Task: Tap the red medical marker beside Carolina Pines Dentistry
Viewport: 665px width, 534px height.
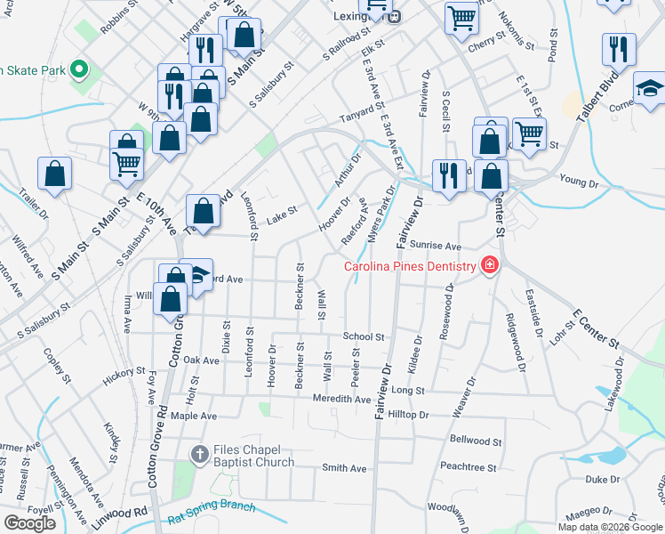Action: tap(488, 264)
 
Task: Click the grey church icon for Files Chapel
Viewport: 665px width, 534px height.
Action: tap(201, 455)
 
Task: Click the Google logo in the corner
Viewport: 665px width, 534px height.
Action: tap(29, 523)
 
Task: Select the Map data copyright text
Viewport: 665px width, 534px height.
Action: tap(610, 527)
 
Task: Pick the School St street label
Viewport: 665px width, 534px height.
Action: tap(363, 337)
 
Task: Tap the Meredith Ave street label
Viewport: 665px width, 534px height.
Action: tap(341, 400)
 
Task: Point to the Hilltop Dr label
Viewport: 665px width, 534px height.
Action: tap(408, 415)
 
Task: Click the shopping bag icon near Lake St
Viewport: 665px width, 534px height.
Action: tap(204, 212)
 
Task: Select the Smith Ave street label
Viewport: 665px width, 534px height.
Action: tap(344, 468)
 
